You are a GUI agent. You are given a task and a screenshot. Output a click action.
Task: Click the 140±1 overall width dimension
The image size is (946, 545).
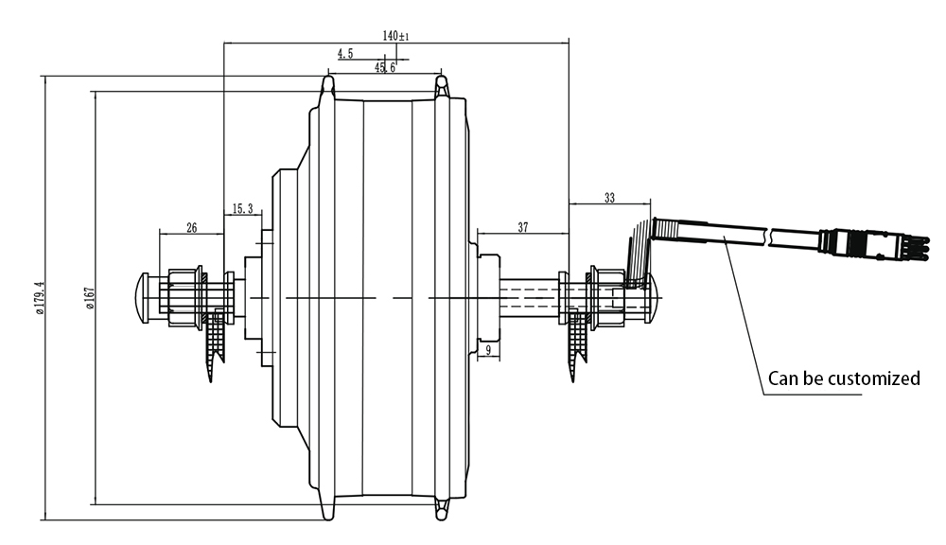tap(394, 35)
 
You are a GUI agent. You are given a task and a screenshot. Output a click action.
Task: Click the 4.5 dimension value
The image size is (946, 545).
tap(344, 54)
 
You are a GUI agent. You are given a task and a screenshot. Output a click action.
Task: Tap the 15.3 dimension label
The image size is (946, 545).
tap(241, 209)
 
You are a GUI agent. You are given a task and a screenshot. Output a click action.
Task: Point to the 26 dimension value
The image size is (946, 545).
tap(192, 227)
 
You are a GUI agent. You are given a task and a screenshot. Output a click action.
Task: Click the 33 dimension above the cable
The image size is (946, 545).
tap(609, 198)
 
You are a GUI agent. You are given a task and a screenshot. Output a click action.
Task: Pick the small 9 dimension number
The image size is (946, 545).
tap(487, 351)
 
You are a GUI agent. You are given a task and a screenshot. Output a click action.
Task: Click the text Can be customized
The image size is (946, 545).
tap(844, 378)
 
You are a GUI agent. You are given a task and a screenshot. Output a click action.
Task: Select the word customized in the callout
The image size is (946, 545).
tap(874, 378)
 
